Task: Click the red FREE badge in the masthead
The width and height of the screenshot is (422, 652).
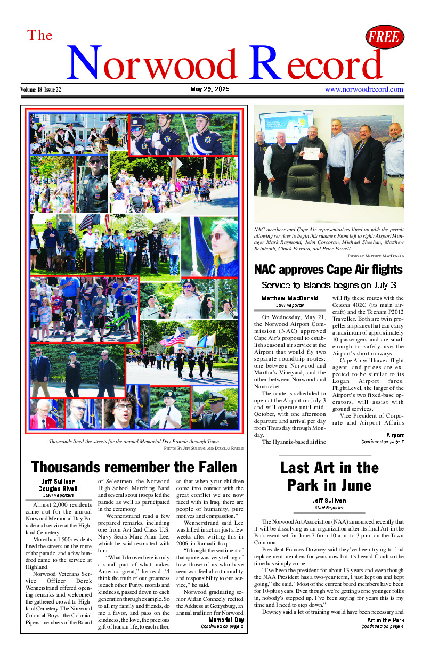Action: click(385, 37)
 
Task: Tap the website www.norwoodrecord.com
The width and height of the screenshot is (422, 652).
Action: click(364, 89)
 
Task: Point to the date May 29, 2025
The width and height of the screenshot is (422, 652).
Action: click(210, 89)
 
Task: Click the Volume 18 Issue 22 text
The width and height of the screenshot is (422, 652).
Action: click(41, 89)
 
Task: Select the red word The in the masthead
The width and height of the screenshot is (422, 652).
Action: click(40, 36)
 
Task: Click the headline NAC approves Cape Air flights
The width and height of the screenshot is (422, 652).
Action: click(328, 270)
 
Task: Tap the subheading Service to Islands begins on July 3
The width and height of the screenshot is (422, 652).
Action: click(329, 285)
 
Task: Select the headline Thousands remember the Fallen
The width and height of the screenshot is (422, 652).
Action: click(134, 467)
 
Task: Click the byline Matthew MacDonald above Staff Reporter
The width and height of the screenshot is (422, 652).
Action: click(290, 298)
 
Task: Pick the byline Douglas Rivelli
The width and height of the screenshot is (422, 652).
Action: click(58, 488)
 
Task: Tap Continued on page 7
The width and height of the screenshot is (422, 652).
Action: click(382, 442)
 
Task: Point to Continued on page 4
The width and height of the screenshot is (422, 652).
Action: click(382, 626)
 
